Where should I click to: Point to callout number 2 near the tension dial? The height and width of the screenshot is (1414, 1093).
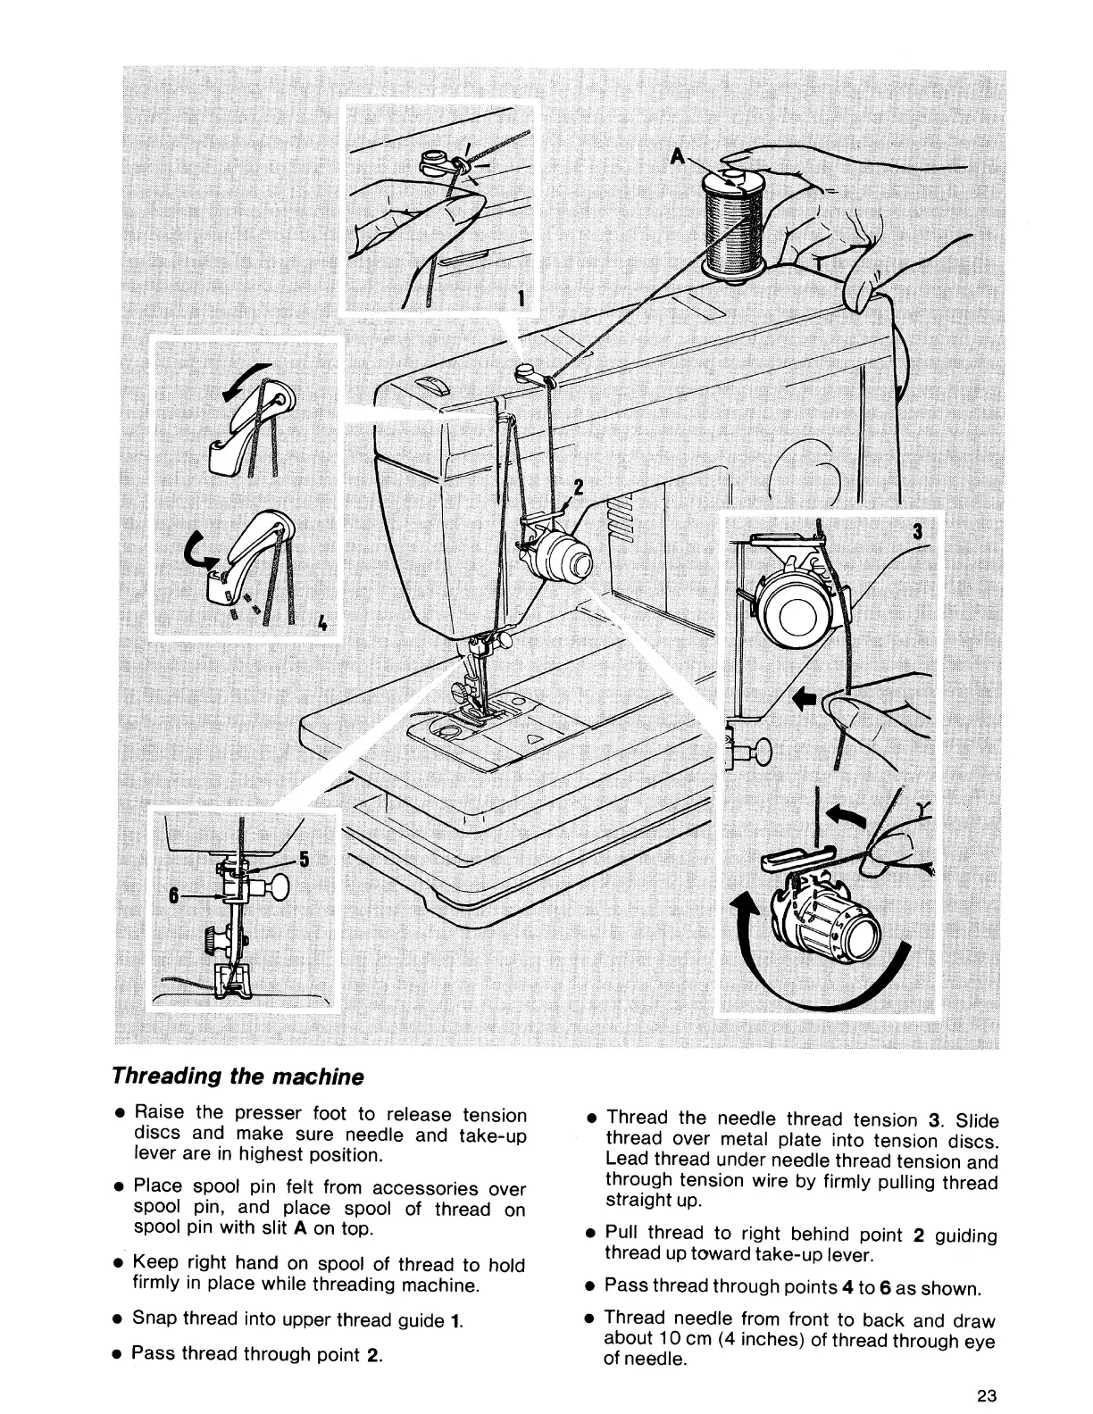[x=578, y=487]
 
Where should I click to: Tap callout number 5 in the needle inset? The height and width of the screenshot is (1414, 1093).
[x=304, y=859]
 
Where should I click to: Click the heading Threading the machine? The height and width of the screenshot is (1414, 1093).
[x=238, y=1076]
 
